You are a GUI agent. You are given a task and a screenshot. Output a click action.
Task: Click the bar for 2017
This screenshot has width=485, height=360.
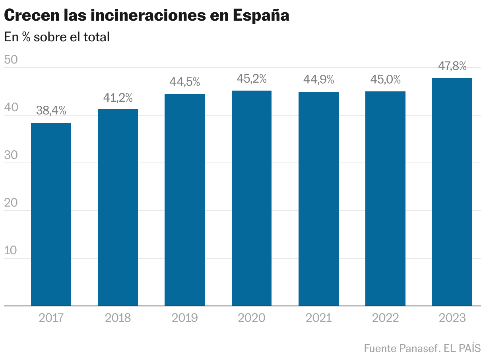pyautogui.click(x=51, y=214)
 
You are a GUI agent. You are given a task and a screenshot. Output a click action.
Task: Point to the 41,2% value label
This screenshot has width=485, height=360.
pyautogui.click(x=118, y=97)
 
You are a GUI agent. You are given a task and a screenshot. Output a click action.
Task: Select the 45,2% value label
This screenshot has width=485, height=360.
pyautogui.click(x=252, y=79)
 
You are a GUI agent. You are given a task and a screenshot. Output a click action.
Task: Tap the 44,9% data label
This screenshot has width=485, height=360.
pyautogui.click(x=318, y=80)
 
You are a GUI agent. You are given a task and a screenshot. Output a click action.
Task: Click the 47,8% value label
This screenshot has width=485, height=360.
pyautogui.click(x=452, y=66)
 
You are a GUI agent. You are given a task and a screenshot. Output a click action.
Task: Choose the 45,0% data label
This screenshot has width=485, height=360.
pyautogui.click(x=385, y=79)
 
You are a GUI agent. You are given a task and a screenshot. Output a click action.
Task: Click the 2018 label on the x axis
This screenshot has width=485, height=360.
pyautogui.click(x=118, y=318)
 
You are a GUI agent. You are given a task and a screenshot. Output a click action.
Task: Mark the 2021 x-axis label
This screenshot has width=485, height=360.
pyautogui.click(x=318, y=318)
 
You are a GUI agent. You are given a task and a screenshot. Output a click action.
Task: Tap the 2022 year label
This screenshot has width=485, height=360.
pyautogui.click(x=385, y=318)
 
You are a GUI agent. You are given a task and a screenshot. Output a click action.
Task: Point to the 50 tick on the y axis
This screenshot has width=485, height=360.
pyautogui.click(x=11, y=60)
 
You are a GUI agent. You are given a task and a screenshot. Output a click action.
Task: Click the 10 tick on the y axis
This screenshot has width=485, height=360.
pyautogui.click(x=11, y=251)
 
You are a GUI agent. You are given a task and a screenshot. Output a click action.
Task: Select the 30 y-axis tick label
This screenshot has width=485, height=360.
pyautogui.click(x=11, y=155)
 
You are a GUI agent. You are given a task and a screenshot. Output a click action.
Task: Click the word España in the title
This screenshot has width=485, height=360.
pyautogui.click(x=260, y=16)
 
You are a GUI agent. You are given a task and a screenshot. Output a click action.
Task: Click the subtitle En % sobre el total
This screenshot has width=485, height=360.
pyautogui.click(x=56, y=37)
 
